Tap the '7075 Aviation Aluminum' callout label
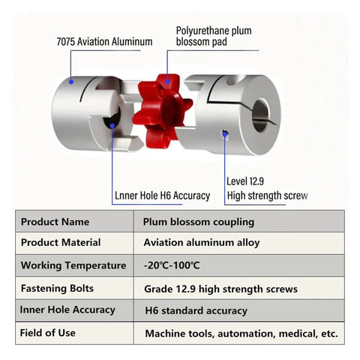click(104, 42)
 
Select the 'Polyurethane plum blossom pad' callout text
click(214, 36)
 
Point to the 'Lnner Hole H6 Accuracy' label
click(162, 196)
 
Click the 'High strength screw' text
click(268, 196)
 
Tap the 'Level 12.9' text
click(245, 181)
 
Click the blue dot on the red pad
click(167, 82)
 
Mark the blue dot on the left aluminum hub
click(71, 82)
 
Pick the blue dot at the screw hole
click(225, 134)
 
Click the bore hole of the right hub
click(261, 115)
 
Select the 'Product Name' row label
click(55, 222)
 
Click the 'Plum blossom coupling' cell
click(199, 222)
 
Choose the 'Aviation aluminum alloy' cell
click(202, 243)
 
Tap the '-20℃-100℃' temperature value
click(172, 265)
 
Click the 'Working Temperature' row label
click(73, 265)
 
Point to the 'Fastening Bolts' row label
click(57, 289)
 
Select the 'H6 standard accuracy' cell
click(196, 310)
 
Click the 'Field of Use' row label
click(47, 333)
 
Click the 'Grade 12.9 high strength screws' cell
click(221, 289)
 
